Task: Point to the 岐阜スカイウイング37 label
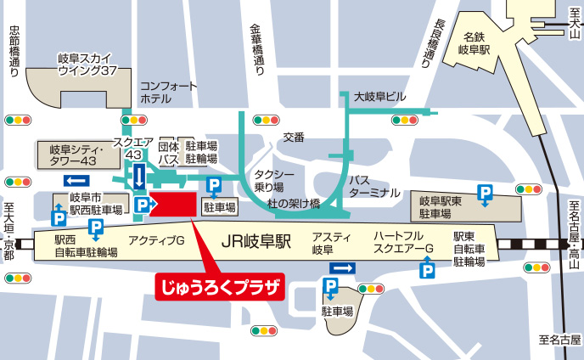[87, 65]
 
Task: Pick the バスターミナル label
[373, 186]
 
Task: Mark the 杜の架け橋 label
[293, 204]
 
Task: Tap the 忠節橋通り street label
[13, 51]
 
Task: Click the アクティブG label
[156, 242]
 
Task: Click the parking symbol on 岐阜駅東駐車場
[485, 193]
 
